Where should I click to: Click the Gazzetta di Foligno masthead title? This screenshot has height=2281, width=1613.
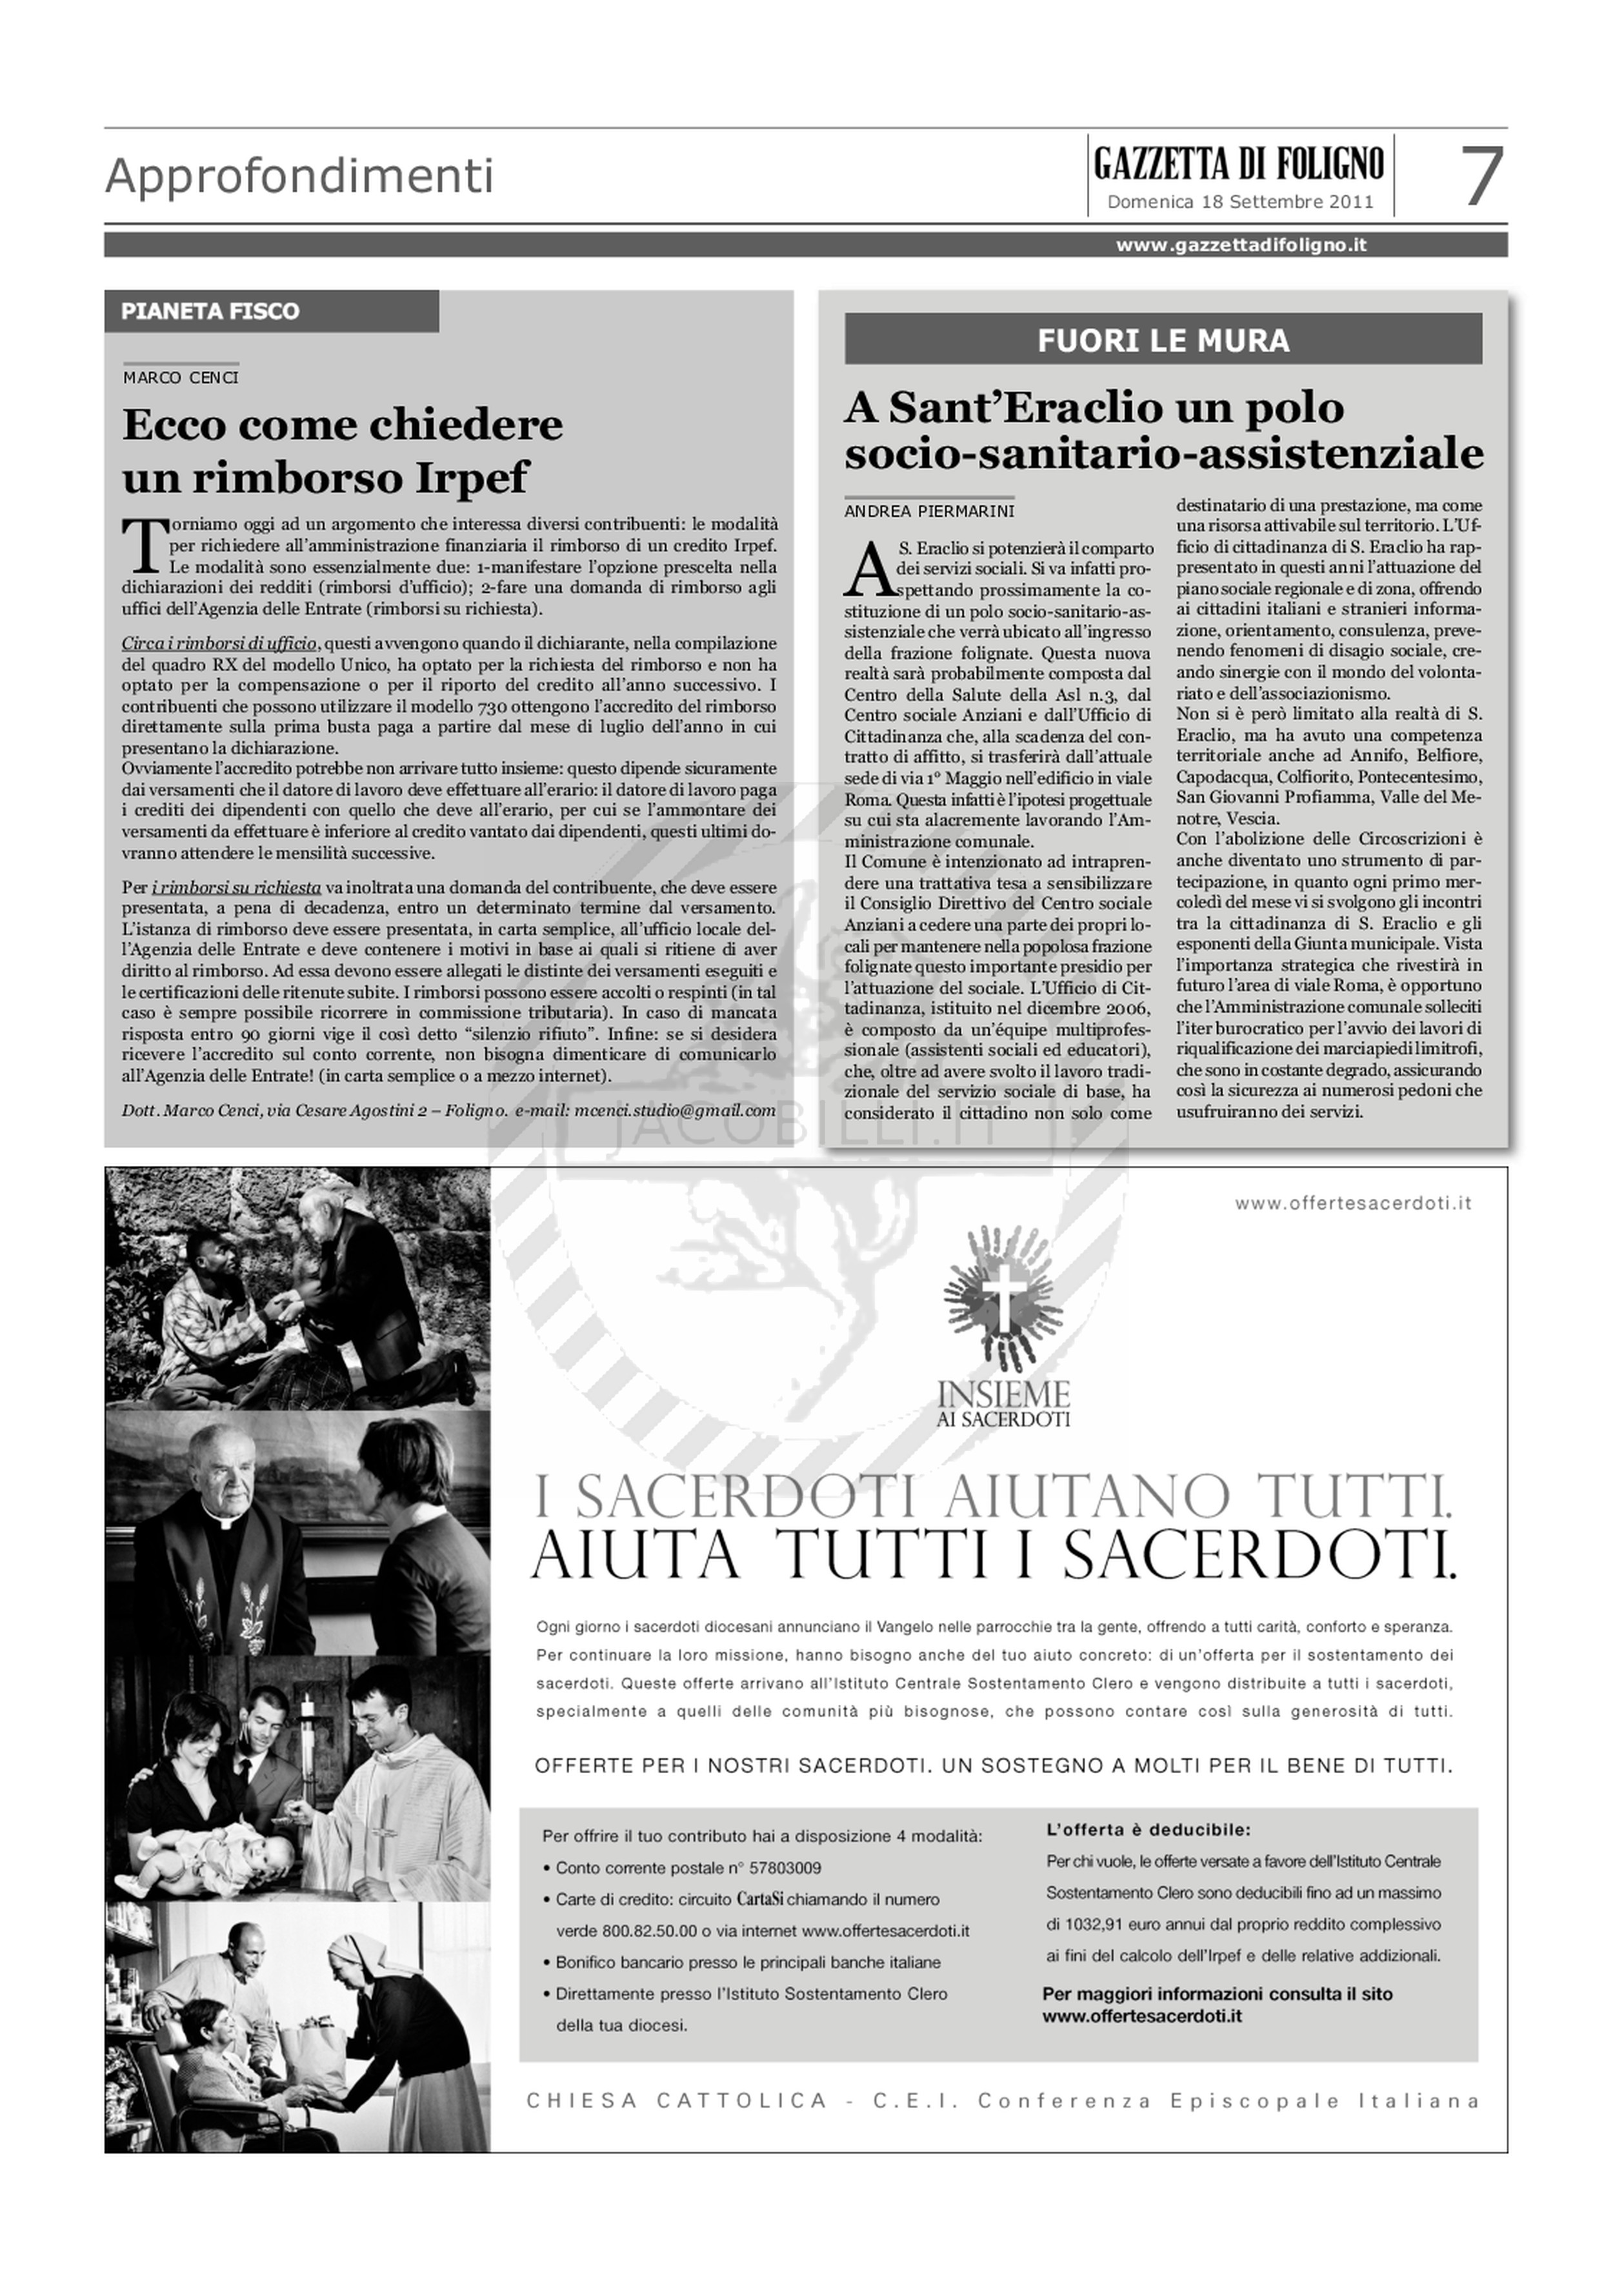click(x=1239, y=162)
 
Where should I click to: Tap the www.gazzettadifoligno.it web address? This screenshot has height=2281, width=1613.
click(x=1241, y=245)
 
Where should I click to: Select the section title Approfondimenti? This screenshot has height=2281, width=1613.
click(x=299, y=177)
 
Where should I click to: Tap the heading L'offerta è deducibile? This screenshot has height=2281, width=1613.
click(x=1148, y=1829)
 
